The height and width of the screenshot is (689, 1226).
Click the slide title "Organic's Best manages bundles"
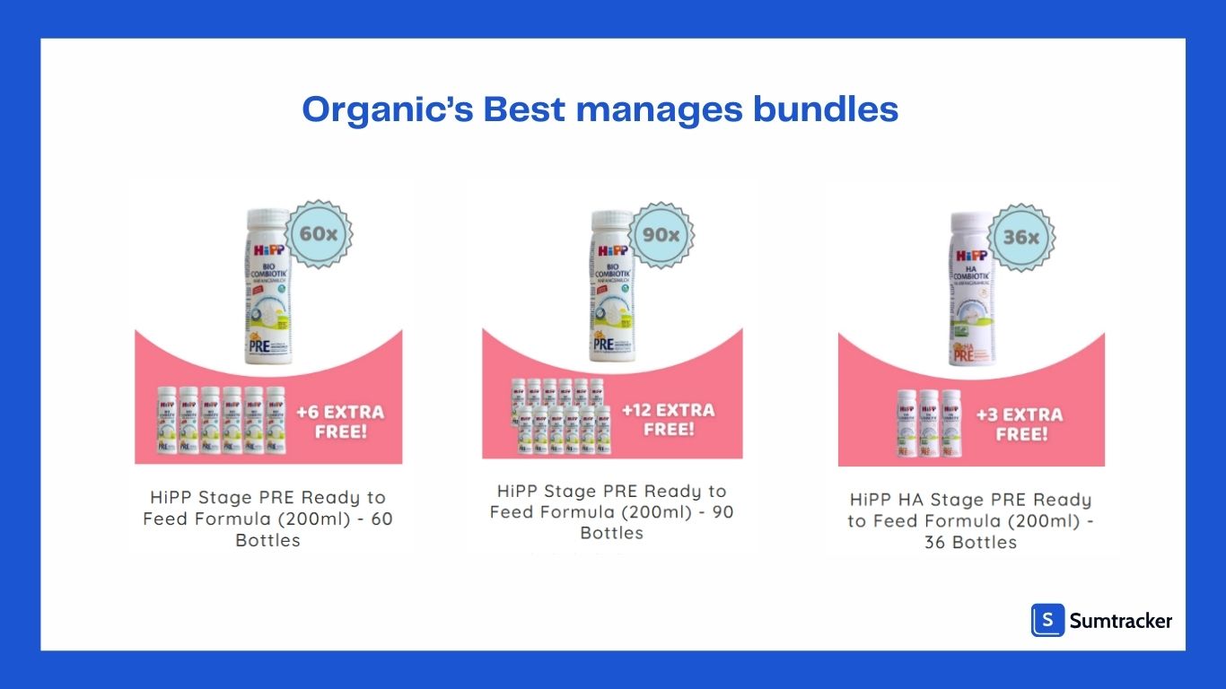point(600,109)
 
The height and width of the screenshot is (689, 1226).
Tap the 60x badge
point(319,233)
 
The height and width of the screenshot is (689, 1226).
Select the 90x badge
point(661,235)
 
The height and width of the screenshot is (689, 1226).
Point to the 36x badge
point(1021,238)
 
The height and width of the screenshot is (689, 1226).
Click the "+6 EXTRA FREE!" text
point(340,422)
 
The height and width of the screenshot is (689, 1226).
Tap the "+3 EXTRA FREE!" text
point(1020,423)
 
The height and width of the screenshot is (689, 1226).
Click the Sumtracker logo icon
point(1047,620)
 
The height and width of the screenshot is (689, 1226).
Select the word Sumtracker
point(1120,620)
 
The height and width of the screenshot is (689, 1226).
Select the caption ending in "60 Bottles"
point(267,519)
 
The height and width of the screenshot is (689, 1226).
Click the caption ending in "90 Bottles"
point(612,512)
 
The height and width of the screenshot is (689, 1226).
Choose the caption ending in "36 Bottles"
point(970,520)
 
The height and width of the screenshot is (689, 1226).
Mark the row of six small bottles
point(221,420)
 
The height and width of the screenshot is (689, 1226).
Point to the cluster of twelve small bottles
point(562,416)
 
